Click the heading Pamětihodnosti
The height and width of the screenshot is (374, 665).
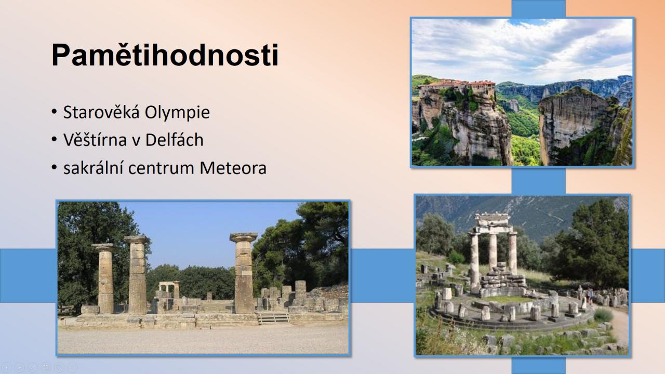165,55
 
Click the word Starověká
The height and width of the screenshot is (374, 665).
101,112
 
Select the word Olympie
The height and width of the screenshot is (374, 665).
177,113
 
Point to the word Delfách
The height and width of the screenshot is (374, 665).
174,140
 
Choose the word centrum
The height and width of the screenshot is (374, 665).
162,168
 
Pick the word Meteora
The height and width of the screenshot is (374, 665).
233,168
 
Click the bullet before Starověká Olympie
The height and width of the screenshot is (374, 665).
54,112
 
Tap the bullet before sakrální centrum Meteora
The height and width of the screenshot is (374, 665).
54,167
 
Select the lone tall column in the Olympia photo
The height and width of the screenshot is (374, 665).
244,273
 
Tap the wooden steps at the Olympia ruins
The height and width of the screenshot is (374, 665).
273,318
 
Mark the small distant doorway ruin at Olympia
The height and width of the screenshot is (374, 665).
169,290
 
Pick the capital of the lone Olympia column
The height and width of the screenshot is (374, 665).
244,237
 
